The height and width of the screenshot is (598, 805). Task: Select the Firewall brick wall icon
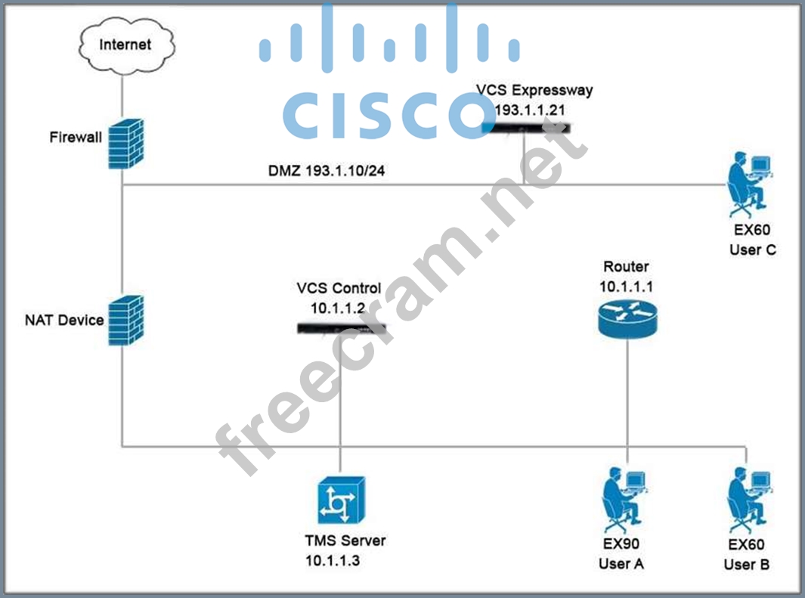tap(125, 144)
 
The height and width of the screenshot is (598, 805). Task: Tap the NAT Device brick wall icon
tap(125, 319)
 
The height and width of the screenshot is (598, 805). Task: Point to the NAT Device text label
tap(64, 320)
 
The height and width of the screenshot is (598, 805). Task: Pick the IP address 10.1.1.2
tap(338, 308)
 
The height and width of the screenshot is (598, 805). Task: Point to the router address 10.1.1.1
tap(626, 287)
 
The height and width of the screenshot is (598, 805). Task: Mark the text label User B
tap(747, 564)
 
